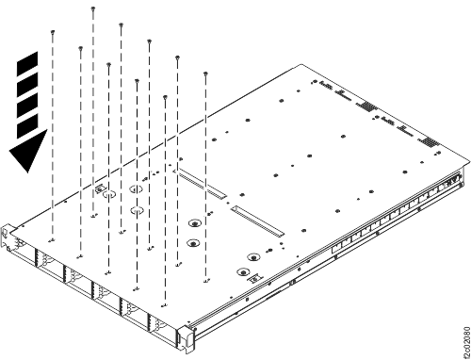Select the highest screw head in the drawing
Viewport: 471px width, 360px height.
93,8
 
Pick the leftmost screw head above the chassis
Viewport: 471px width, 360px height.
54,31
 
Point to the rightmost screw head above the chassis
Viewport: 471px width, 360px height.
205,72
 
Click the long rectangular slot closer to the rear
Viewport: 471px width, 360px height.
204,185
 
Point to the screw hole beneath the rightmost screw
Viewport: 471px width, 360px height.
205,279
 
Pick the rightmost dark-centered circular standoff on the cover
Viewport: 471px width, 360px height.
253,255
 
